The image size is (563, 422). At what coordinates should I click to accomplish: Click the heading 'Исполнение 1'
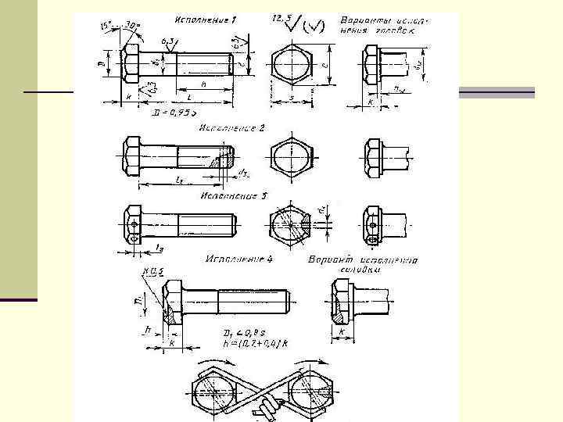(x=207, y=17)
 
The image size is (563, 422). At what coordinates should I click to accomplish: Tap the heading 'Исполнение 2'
(x=232, y=127)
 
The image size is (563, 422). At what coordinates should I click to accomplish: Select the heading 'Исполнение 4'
(x=238, y=257)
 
